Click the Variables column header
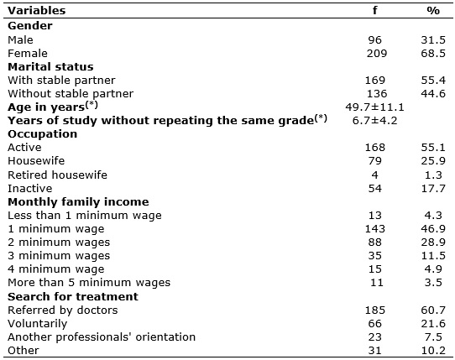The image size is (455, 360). coord(37,11)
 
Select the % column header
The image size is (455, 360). coord(433,11)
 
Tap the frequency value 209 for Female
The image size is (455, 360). coord(377,54)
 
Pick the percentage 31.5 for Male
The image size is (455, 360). coord(433,40)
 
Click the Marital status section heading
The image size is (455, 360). coord(50,67)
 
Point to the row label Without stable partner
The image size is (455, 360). coord(71,94)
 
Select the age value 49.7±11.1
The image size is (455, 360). coord(374,107)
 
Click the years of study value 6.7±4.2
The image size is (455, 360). coord(374,121)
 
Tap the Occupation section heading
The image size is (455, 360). coord(42,134)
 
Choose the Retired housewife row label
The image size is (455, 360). coord(57,175)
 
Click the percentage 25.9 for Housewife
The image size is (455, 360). coord(433,161)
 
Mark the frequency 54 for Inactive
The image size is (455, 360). coord(375,189)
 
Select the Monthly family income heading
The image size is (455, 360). coord(78,202)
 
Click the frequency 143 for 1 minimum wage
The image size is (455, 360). coord(375,229)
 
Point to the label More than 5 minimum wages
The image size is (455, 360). coord(89,283)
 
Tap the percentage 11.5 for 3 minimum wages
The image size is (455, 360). coord(433,256)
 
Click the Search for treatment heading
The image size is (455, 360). coord(73,297)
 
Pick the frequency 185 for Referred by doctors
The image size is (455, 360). coord(375,310)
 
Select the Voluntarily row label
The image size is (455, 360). coord(38,324)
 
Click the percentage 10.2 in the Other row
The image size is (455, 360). coord(433,351)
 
